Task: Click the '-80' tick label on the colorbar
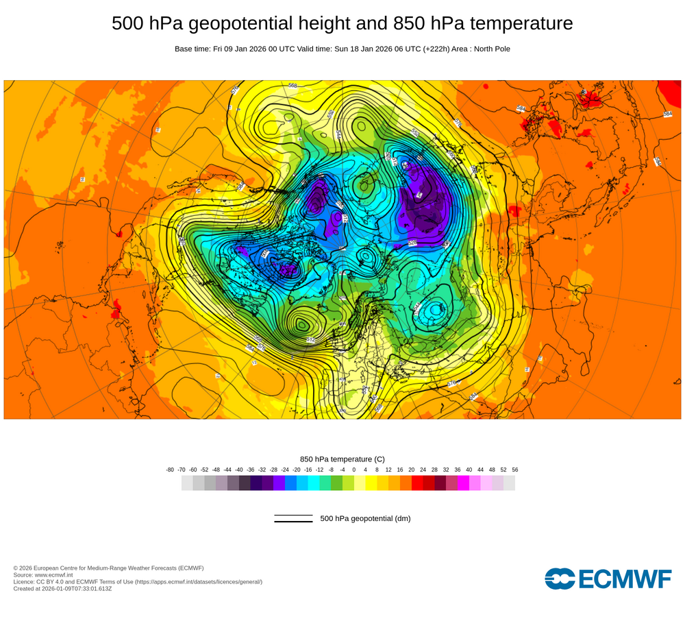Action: (170, 470)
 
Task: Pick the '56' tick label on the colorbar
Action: (515, 470)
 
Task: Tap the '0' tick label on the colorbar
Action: (354, 470)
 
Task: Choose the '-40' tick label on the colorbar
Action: (239, 470)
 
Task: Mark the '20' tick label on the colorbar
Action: (412, 470)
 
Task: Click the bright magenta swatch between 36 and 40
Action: (463, 483)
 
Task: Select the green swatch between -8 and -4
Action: (336, 483)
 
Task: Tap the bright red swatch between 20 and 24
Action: (417, 483)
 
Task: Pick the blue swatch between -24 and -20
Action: (290, 483)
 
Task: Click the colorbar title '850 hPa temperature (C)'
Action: (342, 459)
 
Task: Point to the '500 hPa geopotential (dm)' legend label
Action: (365, 518)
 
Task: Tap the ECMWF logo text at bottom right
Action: (625, 579)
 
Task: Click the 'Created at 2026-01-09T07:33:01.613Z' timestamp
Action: (62, 588)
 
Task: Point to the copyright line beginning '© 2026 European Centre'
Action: (108, 568)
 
